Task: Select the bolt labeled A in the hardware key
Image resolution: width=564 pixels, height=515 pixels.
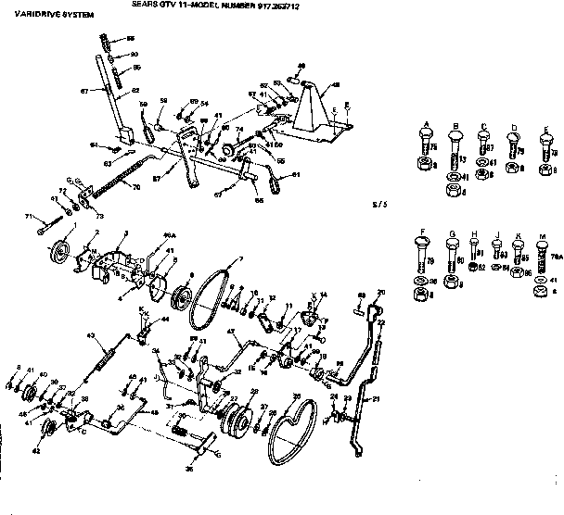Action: [x=425, y=143]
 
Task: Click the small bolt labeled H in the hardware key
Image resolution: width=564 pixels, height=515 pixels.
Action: [x=472, y=248]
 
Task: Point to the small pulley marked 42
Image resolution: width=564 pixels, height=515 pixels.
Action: [x=52, y=427]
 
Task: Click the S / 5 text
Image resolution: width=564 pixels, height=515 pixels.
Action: [x=377, y=202]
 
